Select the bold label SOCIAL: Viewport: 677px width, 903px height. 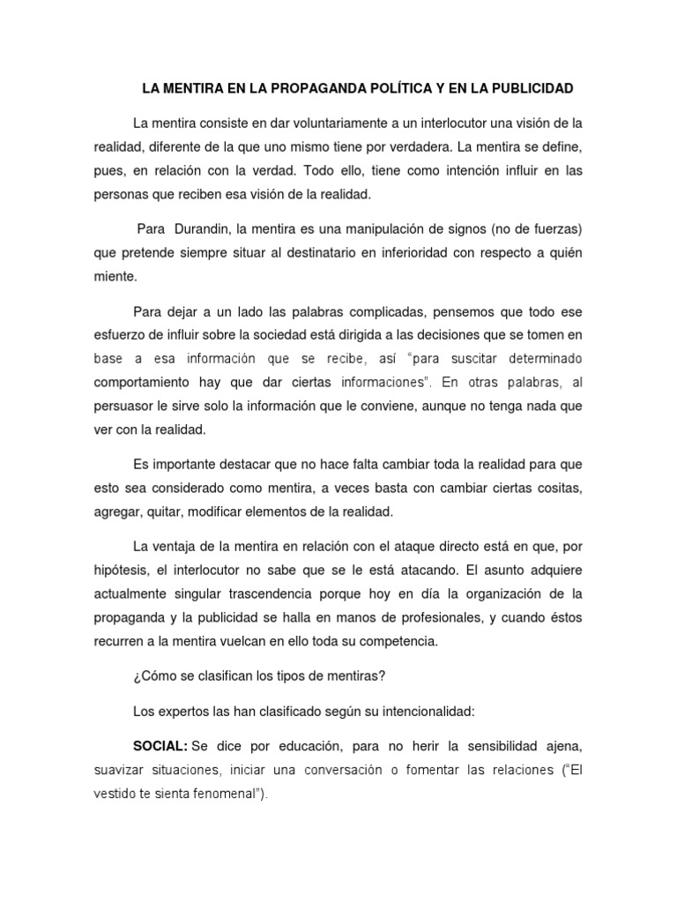(x=160, y=746)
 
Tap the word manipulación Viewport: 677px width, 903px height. (x=357, y=230)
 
